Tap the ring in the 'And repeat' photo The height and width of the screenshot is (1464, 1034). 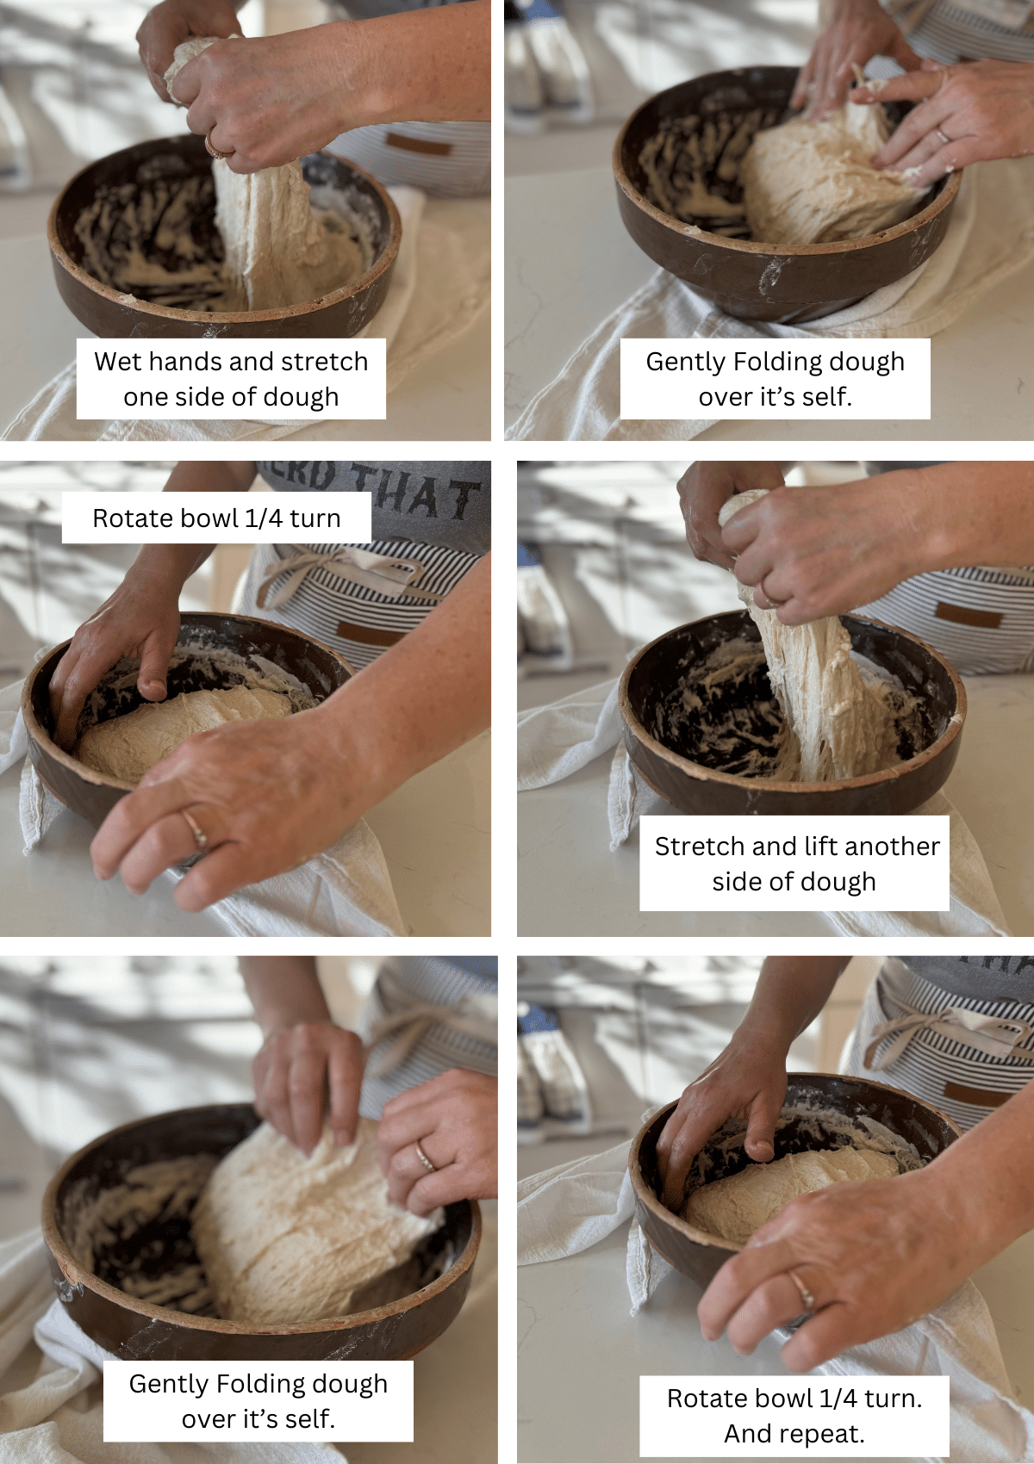point(802,1290)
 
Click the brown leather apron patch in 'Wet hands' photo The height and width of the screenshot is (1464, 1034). point(418,143)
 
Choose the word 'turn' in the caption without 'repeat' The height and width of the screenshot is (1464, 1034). point(315,518)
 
